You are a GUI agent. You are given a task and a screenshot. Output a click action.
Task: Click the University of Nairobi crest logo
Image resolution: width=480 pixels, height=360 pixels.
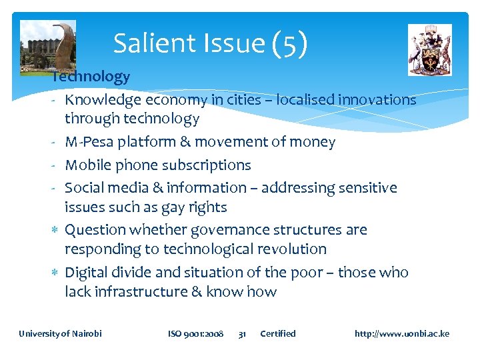coord(429,49)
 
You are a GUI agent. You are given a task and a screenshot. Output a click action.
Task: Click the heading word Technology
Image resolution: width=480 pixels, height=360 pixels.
coord(91,77)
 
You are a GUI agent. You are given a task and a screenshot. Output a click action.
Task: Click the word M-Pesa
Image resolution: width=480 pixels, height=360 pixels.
coord(89,142)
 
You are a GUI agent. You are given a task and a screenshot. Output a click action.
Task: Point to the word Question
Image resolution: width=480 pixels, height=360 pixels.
coord(93,230)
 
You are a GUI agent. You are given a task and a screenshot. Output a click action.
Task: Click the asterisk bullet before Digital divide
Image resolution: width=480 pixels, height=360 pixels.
coord(53,273)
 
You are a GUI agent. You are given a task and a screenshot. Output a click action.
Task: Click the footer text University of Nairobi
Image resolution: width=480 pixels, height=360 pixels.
coord(60,333)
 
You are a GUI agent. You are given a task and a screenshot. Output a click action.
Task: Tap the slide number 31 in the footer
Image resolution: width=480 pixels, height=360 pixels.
coord(243,333)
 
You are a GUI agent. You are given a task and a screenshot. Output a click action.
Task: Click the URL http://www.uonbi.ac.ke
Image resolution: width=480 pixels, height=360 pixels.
coord(402,333)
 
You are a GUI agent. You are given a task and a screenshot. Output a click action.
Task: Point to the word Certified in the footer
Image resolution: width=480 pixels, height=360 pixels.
coord(277,333)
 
